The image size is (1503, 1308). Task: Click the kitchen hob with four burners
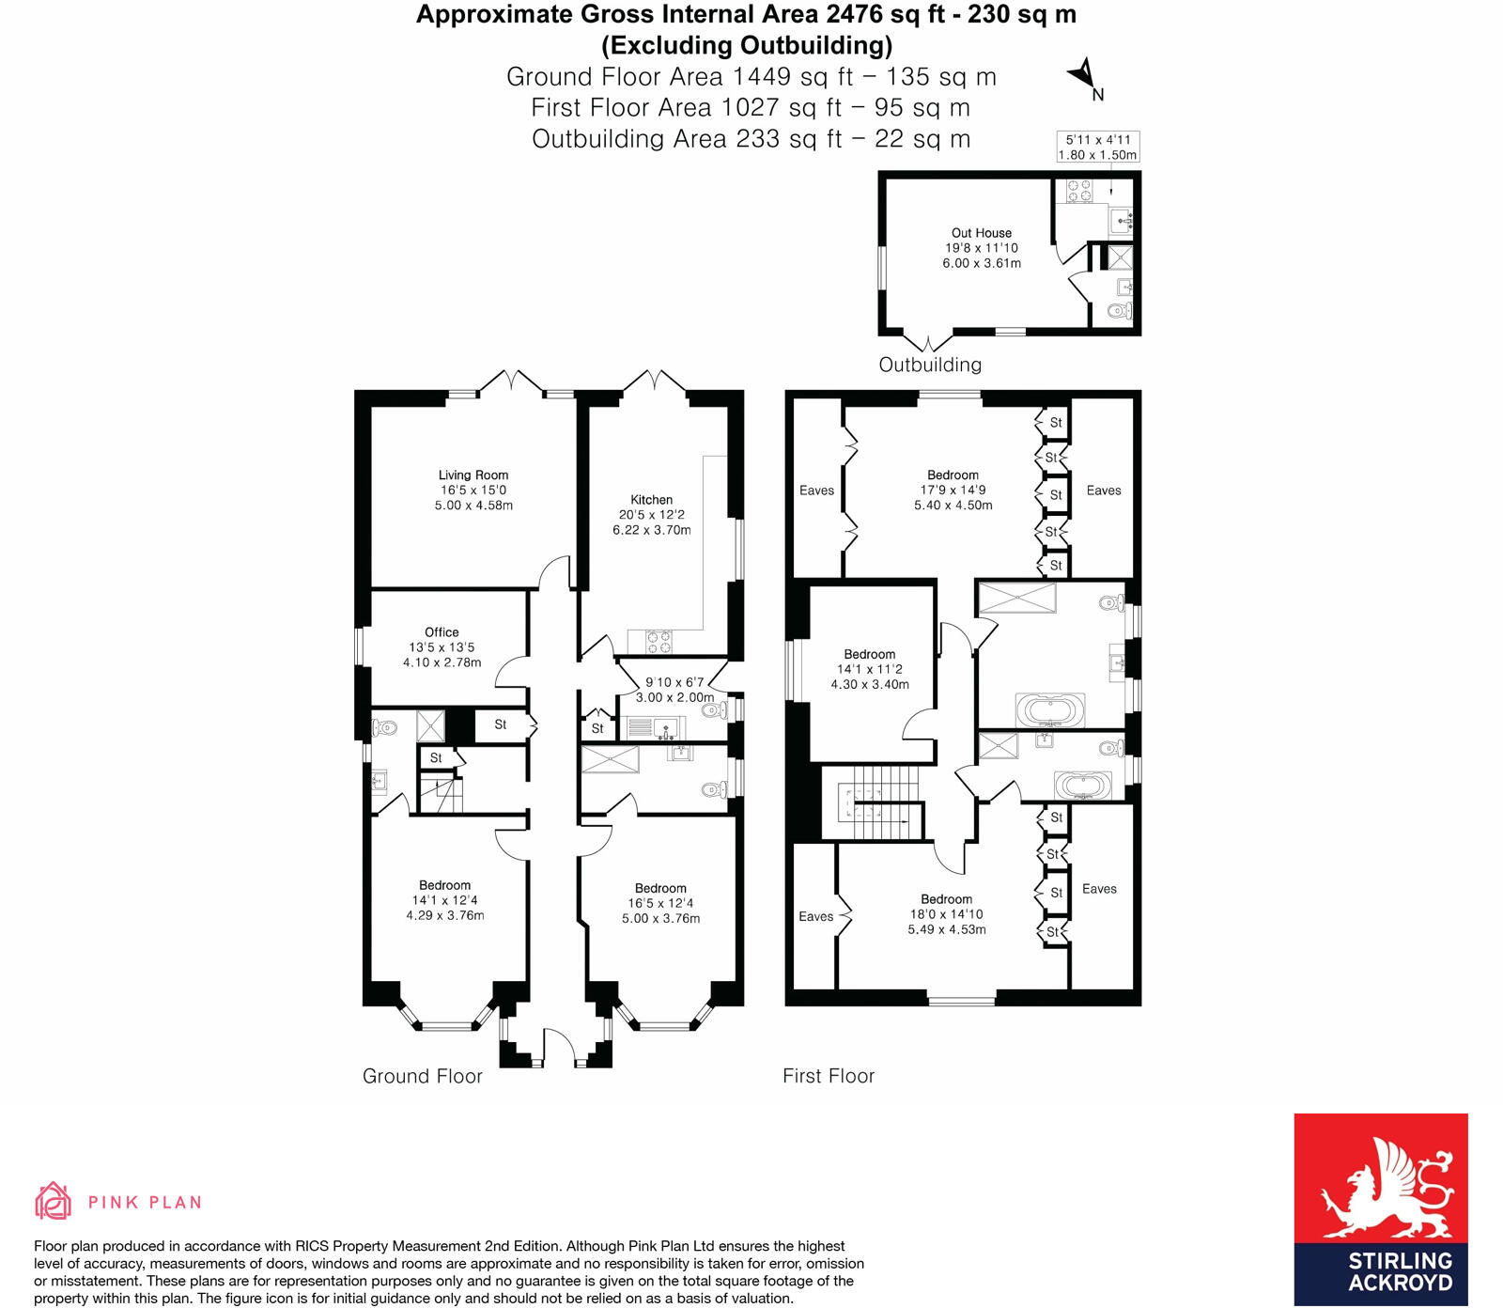click(659, 642)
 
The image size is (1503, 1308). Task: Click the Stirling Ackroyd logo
click(1380, 1208)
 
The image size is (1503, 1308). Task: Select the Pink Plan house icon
click(54, 1201)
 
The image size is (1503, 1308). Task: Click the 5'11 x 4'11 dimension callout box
click(1097, 148)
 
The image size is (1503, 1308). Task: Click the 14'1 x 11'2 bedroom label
click(870, 669)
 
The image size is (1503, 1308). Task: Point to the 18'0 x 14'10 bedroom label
click(946, 914)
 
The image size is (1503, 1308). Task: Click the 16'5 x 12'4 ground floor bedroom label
click(660, 903)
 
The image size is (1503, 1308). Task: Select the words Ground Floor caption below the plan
click(423, 1076)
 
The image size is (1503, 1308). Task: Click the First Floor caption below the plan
click(829, 1076)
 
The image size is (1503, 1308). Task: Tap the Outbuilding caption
click(930, 365)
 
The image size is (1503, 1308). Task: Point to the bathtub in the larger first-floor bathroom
click(1049, 709)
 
